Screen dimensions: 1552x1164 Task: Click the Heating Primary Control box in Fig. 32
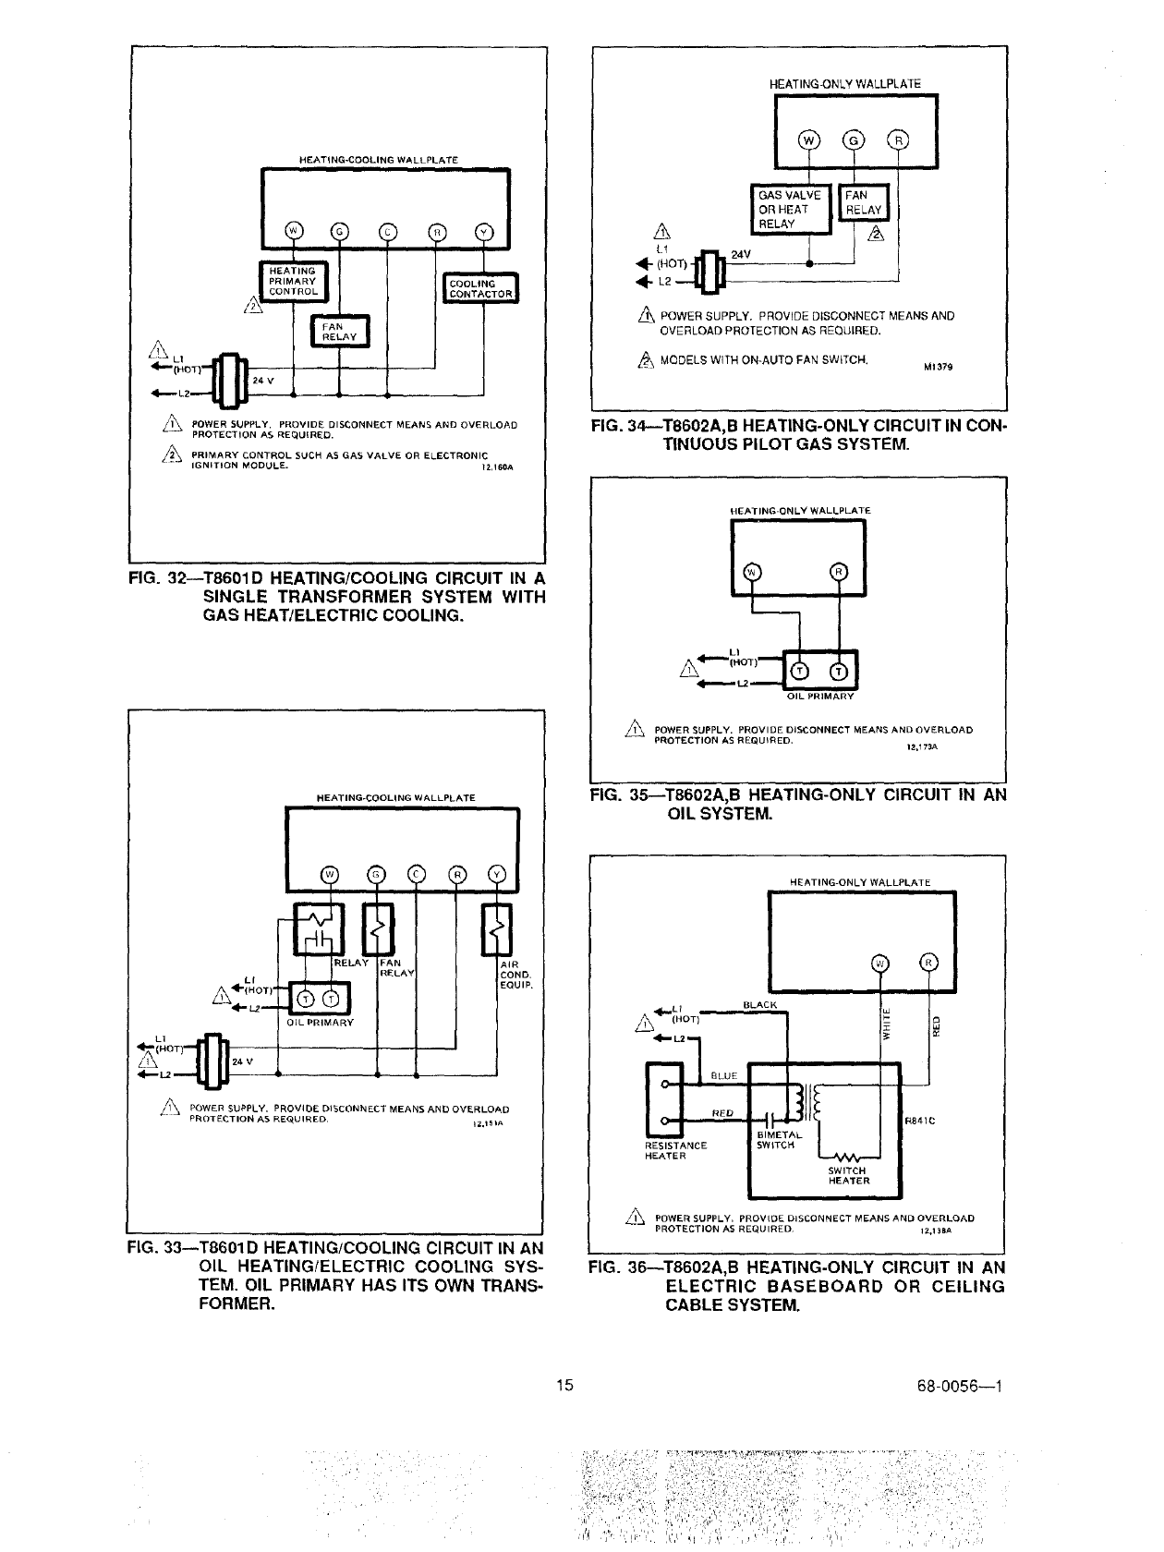(x=292, y=281)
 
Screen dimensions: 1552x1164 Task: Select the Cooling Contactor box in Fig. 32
(x=480, y=289)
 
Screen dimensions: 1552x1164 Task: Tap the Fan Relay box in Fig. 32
(x=338, y=331)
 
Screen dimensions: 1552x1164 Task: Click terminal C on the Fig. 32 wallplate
(x=387, y=231)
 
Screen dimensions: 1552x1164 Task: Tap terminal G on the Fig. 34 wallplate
(x=855, y=140)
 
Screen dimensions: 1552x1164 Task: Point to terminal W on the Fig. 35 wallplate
(x=751, y=572)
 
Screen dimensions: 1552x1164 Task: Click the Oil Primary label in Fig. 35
(x=820, y=697)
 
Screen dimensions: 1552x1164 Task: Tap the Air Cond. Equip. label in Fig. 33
(x=514, y=975)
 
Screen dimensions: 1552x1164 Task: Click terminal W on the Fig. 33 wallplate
(x=329, y=875)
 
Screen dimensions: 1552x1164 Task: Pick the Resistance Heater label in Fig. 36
(x=675, y=1150)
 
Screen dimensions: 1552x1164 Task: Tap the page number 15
(x=566, y=1385)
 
